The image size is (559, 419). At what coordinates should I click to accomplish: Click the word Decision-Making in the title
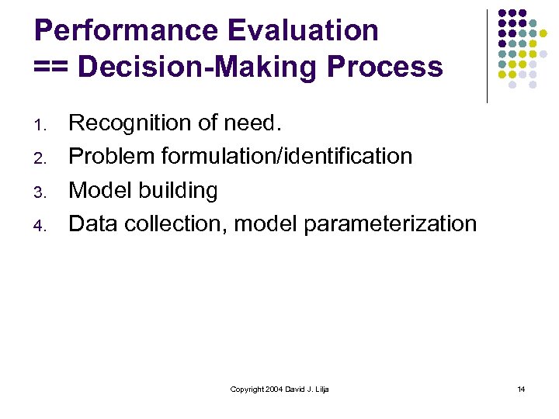(199, 68)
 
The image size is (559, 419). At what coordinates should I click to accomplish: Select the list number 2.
(43, 158)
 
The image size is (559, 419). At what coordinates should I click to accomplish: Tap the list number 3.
(43, 192)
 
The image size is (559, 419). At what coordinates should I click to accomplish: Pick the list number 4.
(43, 226)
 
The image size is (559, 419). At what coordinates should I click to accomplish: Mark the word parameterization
(390, 224)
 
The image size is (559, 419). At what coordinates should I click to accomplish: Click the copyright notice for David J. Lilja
(279, 389)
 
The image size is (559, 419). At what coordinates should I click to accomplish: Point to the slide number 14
(521, 389)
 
